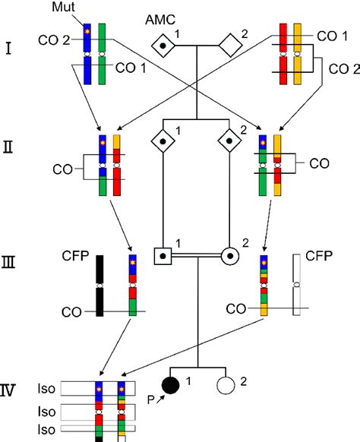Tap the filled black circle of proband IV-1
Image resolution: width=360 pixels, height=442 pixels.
[172, 387]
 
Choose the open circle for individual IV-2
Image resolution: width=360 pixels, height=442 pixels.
[224, 387]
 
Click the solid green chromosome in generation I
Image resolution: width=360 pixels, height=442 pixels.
[101, 55]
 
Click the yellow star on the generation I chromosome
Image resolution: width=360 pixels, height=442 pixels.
[88, 32]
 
